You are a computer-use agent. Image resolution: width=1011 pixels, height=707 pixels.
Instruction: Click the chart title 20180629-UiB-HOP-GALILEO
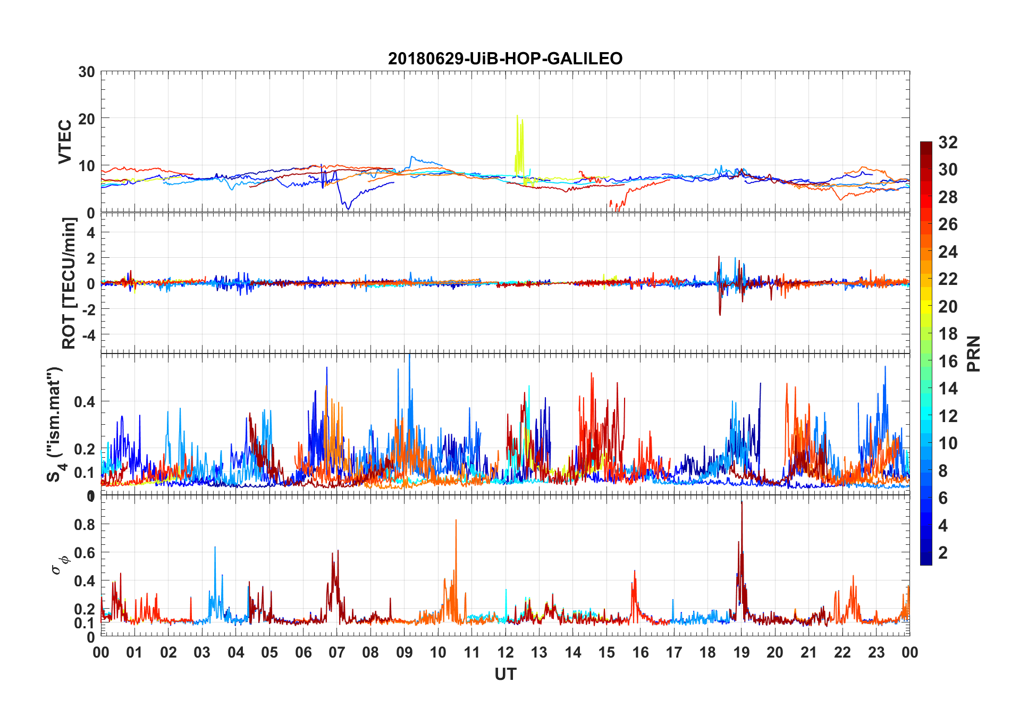(505, 58)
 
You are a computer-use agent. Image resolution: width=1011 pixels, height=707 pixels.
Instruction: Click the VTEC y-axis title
(65, 142)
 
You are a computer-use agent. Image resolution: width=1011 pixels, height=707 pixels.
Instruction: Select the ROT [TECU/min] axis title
(69, 283)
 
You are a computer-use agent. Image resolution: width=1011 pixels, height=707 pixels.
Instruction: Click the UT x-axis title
(505, 674)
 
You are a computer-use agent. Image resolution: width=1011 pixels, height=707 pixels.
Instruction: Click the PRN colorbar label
(974, 353)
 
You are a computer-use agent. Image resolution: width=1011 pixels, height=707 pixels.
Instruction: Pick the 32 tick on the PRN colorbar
(948, 142)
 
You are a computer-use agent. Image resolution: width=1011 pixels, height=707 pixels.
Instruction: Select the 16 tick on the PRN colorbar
(948, 361)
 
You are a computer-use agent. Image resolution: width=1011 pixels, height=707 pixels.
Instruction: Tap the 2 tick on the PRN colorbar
(943, 553)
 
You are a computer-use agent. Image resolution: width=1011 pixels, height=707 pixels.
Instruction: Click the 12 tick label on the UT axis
(505, 652)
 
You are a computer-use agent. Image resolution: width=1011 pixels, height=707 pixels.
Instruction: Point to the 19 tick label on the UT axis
(742, 652)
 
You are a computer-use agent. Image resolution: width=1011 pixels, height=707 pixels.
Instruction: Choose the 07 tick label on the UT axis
(337, 652)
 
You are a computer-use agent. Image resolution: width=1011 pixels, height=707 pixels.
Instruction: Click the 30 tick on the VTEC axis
(87, 72)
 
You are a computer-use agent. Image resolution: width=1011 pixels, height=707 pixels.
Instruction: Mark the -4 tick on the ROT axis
(88, 335)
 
